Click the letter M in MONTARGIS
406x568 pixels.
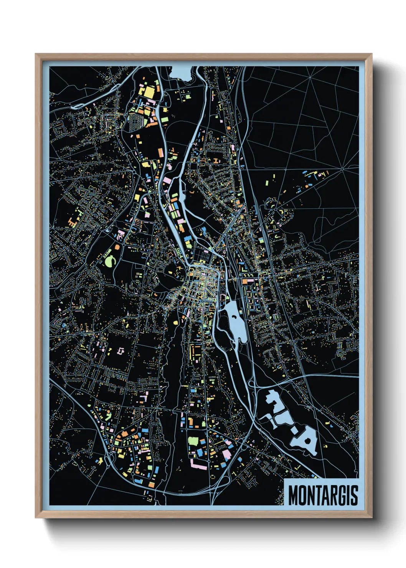(294, 495)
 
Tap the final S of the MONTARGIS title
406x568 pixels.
(354, 495)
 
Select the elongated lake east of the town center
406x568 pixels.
(234, 319)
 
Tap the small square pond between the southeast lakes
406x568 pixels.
(295, 431)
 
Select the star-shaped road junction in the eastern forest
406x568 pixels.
(342, 168)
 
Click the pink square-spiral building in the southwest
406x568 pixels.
(121, 351)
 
